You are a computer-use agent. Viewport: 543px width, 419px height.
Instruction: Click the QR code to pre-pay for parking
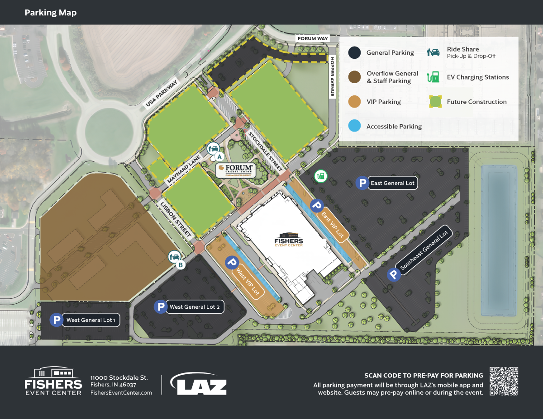504,381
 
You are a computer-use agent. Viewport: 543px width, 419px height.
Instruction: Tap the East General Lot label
392,183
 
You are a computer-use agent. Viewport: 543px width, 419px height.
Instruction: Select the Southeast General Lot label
424,250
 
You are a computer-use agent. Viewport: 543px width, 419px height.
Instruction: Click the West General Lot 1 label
91,320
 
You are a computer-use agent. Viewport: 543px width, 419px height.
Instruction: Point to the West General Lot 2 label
195,307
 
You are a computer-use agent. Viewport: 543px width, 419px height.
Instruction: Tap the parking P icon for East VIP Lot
317,206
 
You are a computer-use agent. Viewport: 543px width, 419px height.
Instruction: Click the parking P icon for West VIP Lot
232,262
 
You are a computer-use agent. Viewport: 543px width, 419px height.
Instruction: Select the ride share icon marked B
174,257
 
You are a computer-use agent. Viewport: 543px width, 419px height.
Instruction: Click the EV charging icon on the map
320,175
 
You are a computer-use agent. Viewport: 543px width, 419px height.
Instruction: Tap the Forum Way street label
312,39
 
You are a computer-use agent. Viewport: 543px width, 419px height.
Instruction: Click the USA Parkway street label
162,94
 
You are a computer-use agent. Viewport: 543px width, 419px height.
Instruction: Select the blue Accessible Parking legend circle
355,126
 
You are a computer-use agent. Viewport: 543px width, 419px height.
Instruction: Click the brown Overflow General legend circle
355,77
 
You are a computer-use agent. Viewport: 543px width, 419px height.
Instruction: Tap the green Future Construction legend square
434,102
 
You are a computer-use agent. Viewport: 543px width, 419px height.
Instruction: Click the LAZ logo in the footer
199,384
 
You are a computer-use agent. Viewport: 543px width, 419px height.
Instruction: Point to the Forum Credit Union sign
235,170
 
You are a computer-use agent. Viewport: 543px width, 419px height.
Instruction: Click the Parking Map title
51,12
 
